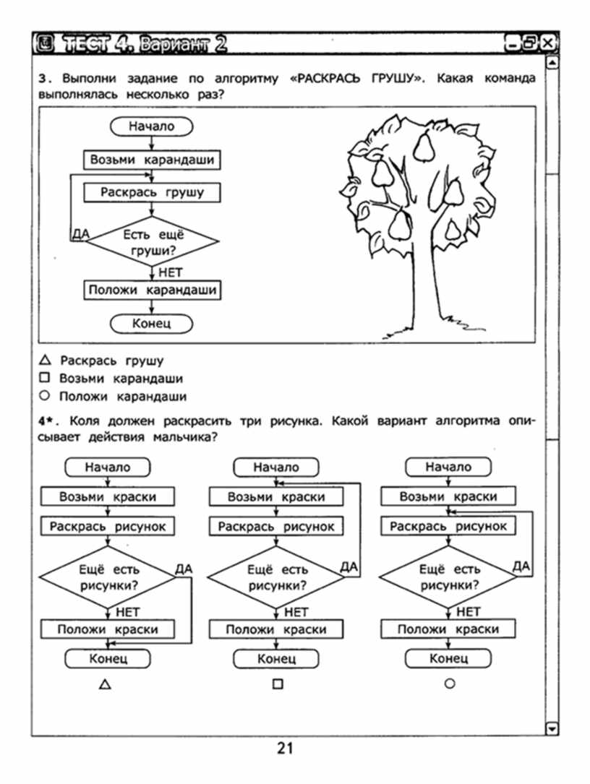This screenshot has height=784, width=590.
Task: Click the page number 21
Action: click(x=285, y=749)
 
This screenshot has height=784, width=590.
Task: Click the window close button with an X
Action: click(x=548, y=43)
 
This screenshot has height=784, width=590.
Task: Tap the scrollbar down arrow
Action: click(x=552, y=728)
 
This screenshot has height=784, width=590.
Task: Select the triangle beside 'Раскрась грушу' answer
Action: click(x=45, y=360)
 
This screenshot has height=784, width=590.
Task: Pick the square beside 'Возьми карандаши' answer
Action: click(x=45, y=377)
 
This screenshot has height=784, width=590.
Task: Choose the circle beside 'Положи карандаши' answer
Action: click(x=45, y=395)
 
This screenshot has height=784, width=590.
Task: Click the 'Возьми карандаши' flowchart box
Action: click(x=152, y=160)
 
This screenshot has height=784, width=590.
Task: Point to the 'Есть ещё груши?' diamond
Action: click(x=153, y=241)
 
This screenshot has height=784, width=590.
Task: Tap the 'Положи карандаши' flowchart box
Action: click(x=152, y=290)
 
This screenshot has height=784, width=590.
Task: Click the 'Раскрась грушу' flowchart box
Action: click(x=152, y=192)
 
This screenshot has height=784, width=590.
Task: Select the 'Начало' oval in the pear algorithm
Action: click(x=151, y=126)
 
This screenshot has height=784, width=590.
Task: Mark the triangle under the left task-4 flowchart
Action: click(x=105, y=684)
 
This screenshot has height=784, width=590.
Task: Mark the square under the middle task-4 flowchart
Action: click(x=278, y=684)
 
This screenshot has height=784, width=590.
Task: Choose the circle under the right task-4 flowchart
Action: click(x=450, y=684)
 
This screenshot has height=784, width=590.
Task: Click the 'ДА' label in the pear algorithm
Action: click(x=81, y=233)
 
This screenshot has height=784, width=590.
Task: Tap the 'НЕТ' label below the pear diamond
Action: click(x=170, y=273)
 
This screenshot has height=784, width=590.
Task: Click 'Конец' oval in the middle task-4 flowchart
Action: click(x=276, y=658)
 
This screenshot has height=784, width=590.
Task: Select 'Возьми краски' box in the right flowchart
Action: click(x=448, y=496)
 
